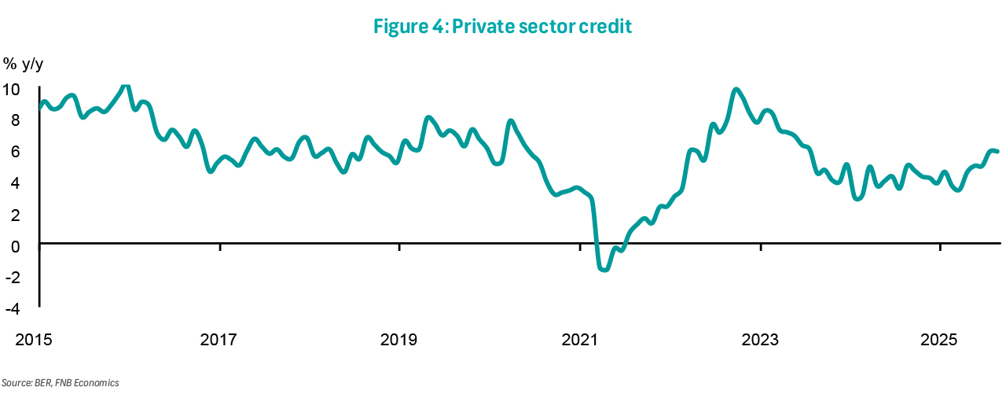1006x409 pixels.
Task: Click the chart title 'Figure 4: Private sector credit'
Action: [503, 26]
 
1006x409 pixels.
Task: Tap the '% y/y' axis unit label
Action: [23, 64]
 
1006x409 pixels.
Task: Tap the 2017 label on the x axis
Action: [218, 340]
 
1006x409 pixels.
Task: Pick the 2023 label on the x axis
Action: [760, 340]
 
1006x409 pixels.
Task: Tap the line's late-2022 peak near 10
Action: [736, 90]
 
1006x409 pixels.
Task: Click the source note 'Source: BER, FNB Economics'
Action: [60, 383]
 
